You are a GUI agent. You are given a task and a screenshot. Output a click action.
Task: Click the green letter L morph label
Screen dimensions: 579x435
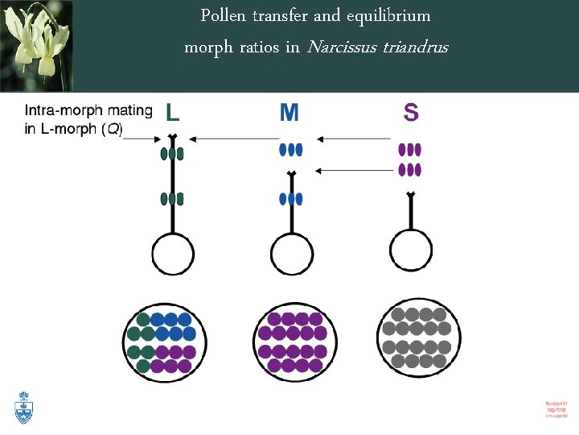[173, 113]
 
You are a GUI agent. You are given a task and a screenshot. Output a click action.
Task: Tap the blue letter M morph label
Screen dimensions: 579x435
[289, 113]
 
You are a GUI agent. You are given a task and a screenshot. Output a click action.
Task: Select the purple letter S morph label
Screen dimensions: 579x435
[411, 113]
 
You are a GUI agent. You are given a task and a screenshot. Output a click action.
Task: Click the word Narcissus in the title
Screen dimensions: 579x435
[344, 47]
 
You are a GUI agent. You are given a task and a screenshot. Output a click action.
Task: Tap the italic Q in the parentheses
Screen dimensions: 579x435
[111, 130]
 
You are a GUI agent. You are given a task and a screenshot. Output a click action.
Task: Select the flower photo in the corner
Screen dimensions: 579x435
[36, 46]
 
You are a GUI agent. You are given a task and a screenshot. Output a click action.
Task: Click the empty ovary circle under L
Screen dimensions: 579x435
[173, 255]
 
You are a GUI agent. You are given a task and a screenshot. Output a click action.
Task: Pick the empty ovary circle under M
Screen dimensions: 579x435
[291, 255]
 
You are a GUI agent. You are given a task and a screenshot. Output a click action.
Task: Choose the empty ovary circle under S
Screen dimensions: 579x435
[410, 255]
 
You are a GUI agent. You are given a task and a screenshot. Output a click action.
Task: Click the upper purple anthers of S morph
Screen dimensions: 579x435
[410, 150]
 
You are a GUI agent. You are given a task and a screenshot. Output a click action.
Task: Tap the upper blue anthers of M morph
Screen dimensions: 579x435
[290, 149]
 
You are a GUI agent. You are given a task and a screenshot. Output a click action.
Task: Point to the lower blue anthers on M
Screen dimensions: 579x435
[290, 199]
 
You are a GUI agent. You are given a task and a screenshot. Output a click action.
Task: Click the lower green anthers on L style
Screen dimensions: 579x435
[173, 199]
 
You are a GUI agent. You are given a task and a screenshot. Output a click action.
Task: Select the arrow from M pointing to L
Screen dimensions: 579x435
[233, 139]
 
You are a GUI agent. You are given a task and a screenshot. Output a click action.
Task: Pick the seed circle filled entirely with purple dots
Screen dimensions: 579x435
[295, 338]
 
